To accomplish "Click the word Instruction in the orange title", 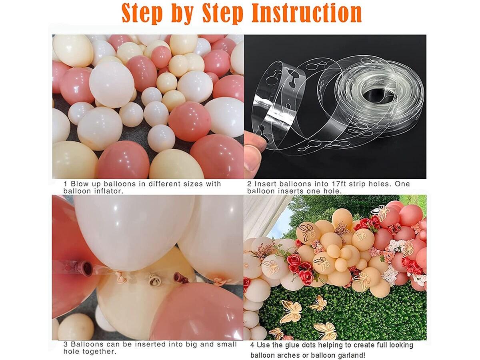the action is coord(306,14).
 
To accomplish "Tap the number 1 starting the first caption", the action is coord(65,184).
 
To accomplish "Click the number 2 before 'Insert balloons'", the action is coord(249,184).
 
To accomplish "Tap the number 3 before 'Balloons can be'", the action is coord(66,344).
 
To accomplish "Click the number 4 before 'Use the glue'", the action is coord(252,345).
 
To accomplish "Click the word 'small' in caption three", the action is coord(227,344).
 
